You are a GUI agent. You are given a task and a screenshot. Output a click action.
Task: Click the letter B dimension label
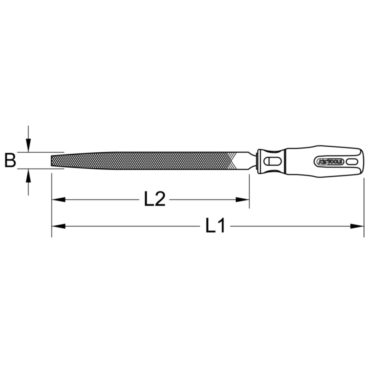tap(10, 160)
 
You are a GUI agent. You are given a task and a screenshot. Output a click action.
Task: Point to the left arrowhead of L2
tap(58, 200)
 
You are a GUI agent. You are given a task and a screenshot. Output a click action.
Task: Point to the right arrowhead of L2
tap(242, 200)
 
